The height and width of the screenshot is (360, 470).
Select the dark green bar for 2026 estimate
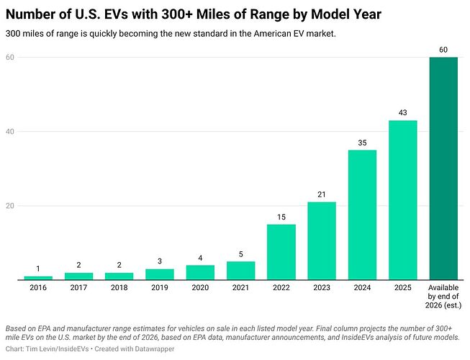pyautogui.click(x=443, y=168)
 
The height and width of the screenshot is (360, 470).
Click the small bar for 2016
pyautogui.click(x=38, y=278)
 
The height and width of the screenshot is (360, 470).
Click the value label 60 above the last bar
pyautogui.click(x=443, y=50)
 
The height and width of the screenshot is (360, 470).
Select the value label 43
pyautogui.click(x=402, y=113)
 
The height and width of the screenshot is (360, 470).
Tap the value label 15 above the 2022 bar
pyautogui.click(x=281, y=217)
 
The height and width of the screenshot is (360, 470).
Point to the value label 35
pyautogui.click(x=362, y=143)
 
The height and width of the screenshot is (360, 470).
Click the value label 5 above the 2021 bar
pyautogui.click(x=241, y=254)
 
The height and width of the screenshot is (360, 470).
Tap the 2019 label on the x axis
pyautogui.click(x=160, y=287)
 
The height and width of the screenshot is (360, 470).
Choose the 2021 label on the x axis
pyautogui.click(x=241, y=287)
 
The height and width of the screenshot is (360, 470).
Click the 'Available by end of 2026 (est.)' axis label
pyautogui.click(x=443, y=296)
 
